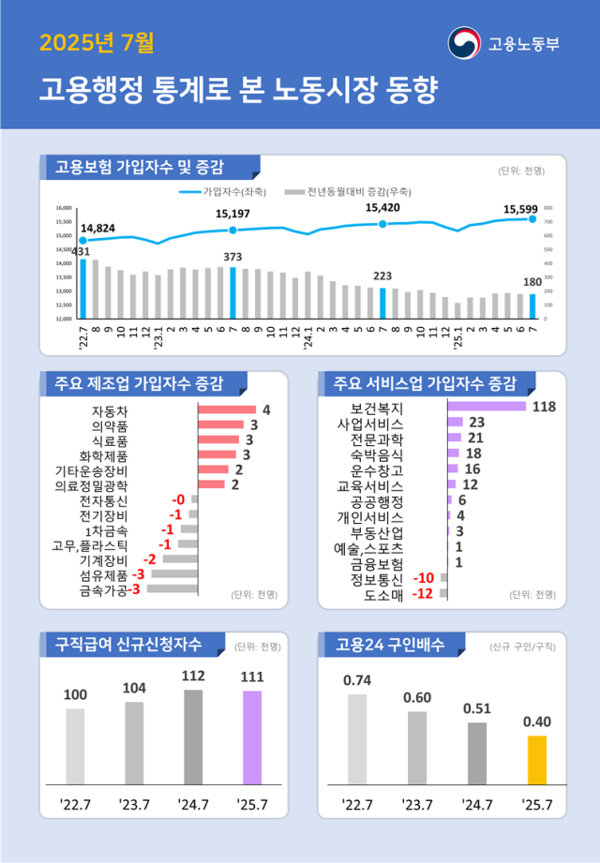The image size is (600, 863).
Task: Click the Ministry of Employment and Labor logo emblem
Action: pyautogui.click(x=463, y=43)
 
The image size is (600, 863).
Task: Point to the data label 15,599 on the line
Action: pyautogui.click(x=520, y=209)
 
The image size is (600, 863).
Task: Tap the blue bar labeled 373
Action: pyautogui.click(x=232, y=292)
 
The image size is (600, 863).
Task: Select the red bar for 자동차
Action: pyautogui.click(x=227, y=409)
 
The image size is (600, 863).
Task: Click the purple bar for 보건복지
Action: pyautogui.click(x=487, y=406)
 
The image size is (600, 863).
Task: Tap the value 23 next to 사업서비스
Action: pyautogui.click(x=475, y=422)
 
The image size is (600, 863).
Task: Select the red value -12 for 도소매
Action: pyautogui.click(x=424, y=593)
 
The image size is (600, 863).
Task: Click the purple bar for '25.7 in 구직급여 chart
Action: pyautogui.click(x=252, y=737)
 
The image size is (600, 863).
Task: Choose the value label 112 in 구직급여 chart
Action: pyautogui.click(x=193, y=675)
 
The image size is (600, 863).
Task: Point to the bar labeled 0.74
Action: pyautogui.click(x=357, y=738)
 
